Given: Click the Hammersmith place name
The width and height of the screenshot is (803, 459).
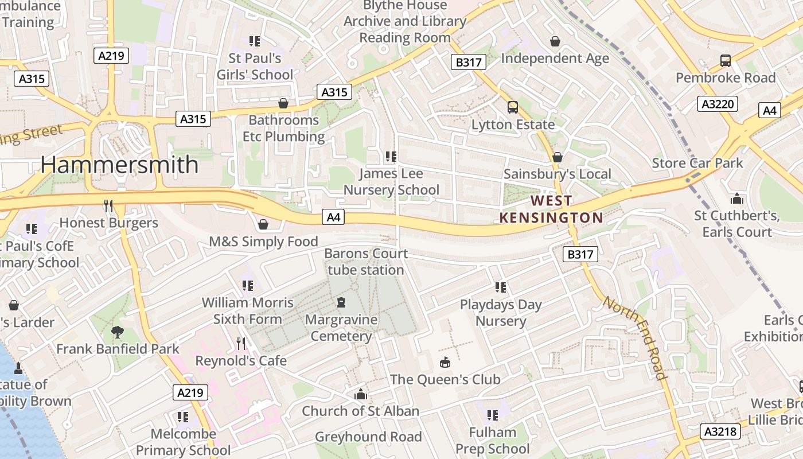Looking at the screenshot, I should (119, 165).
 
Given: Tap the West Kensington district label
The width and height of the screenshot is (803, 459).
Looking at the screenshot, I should (551, 209).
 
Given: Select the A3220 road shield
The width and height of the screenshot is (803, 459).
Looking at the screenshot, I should (718, 104).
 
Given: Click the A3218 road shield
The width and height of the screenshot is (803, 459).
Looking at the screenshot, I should (720, 431).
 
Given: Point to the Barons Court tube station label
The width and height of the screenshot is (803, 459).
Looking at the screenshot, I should (366, 262).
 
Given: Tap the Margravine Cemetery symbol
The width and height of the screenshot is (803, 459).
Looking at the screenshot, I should (342, 302).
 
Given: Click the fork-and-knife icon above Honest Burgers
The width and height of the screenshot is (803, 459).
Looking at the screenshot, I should (108, 205).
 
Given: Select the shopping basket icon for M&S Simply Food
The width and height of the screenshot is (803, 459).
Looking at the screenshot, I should (263, 224).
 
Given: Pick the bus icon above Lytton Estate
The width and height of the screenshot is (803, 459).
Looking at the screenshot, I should (512, 107).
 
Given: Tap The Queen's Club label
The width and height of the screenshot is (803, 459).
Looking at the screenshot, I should (445, 379).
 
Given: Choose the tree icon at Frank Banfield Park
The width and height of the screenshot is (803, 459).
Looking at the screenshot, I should (118, 332).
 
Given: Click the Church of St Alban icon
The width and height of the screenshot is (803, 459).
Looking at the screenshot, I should (361, 394).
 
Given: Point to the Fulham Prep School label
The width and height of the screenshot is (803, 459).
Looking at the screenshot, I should (492, 440).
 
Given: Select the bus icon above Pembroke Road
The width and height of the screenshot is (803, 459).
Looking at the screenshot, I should (726, 61).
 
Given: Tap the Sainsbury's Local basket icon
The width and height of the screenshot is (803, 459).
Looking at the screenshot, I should (557, 157).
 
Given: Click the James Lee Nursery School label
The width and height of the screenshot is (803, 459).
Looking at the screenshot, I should (391, 181).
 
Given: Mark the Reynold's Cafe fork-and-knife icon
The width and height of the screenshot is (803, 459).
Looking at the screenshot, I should (241, 344).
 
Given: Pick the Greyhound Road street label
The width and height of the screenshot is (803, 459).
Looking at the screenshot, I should (368, 437).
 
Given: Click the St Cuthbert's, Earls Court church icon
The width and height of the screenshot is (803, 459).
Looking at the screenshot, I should (737, 199).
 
